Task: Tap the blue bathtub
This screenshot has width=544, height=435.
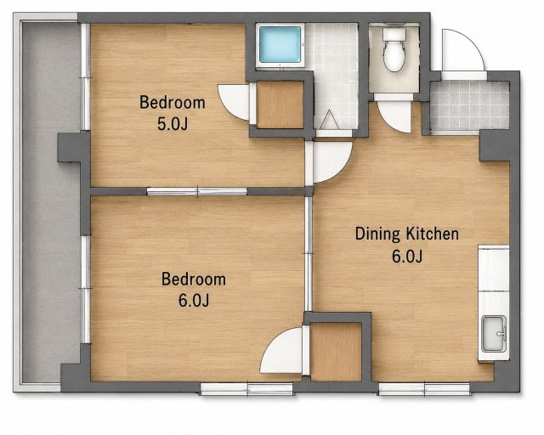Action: (280, 44)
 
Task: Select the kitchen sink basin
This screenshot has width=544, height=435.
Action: (494, 334)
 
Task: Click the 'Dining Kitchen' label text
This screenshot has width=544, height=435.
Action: (406, 234)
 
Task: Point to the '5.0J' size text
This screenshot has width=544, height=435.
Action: (173, 124)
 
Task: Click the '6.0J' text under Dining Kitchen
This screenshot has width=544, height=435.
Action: (407, 257)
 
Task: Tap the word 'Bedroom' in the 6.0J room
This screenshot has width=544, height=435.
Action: (194, 280)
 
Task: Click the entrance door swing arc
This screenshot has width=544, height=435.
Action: (462, 50)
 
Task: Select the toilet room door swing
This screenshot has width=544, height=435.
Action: (394, 117)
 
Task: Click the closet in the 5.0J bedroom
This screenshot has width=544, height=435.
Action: (280, 105)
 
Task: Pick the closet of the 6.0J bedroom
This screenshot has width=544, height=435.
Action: (337, 352)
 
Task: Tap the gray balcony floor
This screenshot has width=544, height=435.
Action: (51, 202)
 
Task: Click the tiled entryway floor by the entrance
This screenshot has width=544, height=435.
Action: (469, 105)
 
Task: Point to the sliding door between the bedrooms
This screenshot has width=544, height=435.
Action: (197, 191)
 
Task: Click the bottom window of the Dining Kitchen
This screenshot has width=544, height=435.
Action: (424, 389)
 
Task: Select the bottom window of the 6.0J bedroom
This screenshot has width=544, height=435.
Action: (247, 389)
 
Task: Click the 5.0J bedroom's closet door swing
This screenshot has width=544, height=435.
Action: (234, 101)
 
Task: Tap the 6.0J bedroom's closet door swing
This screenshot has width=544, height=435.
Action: (281, 351)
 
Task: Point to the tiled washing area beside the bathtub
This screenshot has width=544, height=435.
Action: (331, 76)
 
